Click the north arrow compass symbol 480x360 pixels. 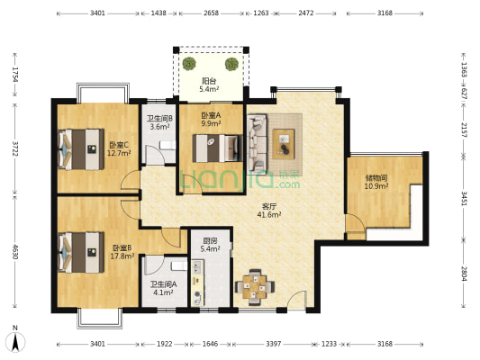[x=15, y=339]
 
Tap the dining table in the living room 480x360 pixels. [x=255, y=287]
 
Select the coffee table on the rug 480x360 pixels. [x=284, y=144]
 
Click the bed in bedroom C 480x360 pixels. [x=81, y=149]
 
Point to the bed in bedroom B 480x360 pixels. [x=81, y=252]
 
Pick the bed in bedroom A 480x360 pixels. [x=215, y=148]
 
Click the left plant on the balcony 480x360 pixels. [x=189, y=64]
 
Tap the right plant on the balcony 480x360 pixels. [x=231, y=64]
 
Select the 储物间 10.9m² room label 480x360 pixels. [x=376, y=182]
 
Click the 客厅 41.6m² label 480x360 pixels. [x=269, y=211]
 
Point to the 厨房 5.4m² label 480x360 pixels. [x=211, y=245]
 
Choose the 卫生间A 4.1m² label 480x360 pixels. [x=163, y=288]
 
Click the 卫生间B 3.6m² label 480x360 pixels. [x=160, y=122]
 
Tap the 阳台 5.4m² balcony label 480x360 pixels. [x=209, y=85]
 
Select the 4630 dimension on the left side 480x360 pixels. [x=14, y=250]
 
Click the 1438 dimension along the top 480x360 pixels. [x=158, y=13]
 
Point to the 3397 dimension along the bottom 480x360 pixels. [x=274, y=344]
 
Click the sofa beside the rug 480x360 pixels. [x=258, y=143]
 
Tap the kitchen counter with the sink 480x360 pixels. [x=197, y=283]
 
